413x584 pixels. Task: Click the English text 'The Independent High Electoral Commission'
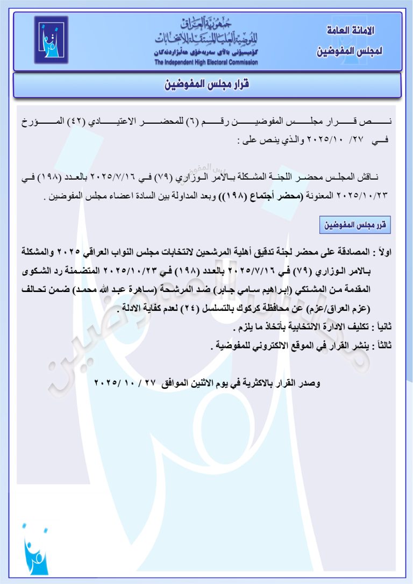point(206,62)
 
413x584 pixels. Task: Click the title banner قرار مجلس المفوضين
point(207,85)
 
